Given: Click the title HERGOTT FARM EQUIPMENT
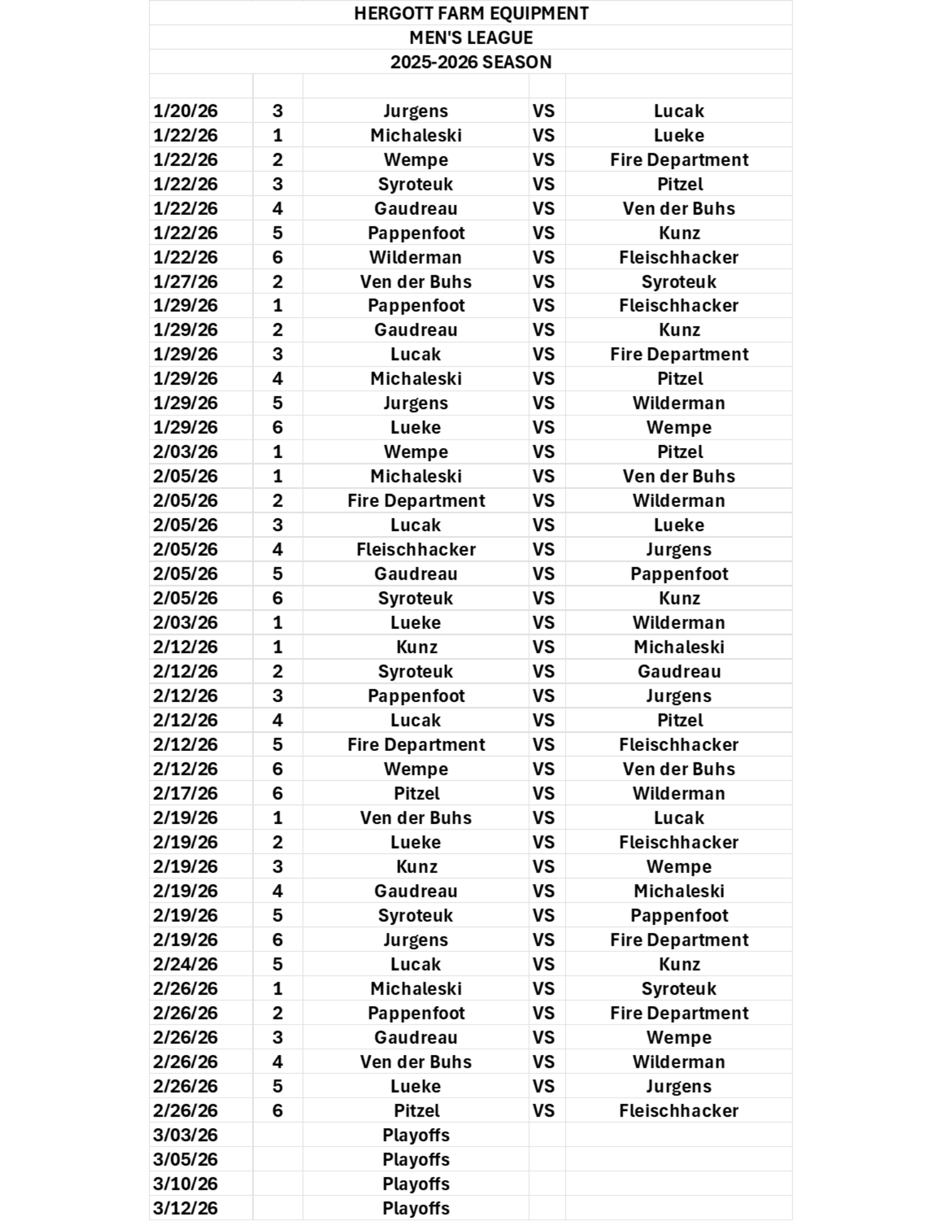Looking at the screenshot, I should pyautogui.click(x=471, y=13).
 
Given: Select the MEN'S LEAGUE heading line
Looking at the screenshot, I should pyautogui.click(x=471, y=38).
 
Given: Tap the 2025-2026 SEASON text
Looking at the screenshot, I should pyautogui.click(x=471, y=62).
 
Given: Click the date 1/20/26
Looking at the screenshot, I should pyautogui.click(x=186, y=111).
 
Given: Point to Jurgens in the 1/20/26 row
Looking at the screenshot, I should pyautogui.click(x=416, y=111).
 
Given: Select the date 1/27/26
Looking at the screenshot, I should pyautogui.click(x=186, y=282).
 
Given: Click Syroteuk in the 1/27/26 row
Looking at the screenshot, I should pyautogui.click(x=679, y=282).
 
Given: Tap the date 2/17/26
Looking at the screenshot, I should pyautogui.click(x=186, y=794).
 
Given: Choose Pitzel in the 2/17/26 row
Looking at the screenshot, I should pyautogui.click(x=416, y=794).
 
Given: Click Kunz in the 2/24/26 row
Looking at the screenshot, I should pyautogui.click(x=679, y=965).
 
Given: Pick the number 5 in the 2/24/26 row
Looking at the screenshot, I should pyautogui.click(x=278, y=965).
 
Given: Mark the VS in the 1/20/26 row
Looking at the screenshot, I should pyautogui.click(x=543, y=111).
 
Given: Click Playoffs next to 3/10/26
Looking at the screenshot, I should pyautogui.click(x=416, y=1184).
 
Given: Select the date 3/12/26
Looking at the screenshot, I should pyautogui.click(x=186, y=1208).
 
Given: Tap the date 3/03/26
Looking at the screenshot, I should pyautogui.click(x=186, y=1135).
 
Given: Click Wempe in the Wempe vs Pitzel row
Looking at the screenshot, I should pyautogui.click(x=416, y=452).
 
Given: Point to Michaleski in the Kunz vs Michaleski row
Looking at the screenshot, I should pyautogui.click(x=679, y=647).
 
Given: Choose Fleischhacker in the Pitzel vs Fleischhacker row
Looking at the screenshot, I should pyautogui.click(x=679, y=1110).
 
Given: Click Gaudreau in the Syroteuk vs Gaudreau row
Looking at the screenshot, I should pyautogui.click(x=679, y=672).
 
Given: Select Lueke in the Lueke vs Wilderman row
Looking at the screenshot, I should pyautogui.click(x=416, y=623).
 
